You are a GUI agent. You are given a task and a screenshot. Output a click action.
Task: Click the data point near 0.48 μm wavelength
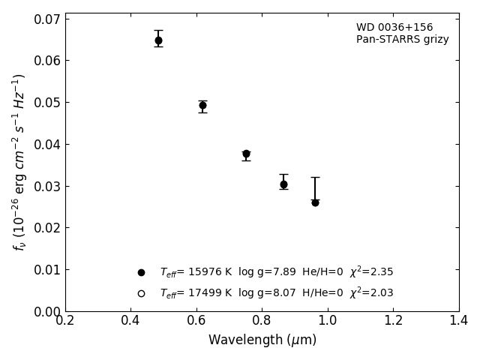[158, 40]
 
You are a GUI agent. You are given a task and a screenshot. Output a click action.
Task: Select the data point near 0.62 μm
[202, 106]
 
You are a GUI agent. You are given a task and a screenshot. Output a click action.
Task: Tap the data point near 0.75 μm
[246, 154]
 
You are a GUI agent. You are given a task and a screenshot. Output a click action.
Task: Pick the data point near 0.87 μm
[283, 184]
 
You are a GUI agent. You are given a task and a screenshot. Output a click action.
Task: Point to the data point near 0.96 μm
[315, 202]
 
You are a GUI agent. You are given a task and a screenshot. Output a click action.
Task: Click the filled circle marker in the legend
[141, 272]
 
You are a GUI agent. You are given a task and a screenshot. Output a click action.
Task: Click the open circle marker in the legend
[141, 293]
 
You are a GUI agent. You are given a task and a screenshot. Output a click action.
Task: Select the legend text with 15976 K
[276, 272]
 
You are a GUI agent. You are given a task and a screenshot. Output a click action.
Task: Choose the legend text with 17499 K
[276, 293]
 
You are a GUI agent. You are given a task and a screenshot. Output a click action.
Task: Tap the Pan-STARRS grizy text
[402, 40]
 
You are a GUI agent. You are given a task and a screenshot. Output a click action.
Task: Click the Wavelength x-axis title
[262, 340]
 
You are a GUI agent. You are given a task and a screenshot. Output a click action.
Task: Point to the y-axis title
[19, 162]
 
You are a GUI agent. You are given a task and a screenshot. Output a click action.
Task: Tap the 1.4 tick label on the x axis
[458, 320]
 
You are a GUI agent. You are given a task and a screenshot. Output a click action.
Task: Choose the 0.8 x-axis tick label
[262, 320]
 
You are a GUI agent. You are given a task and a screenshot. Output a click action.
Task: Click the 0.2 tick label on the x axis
[65, 320]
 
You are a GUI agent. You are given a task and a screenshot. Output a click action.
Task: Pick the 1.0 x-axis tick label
[328, 320]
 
